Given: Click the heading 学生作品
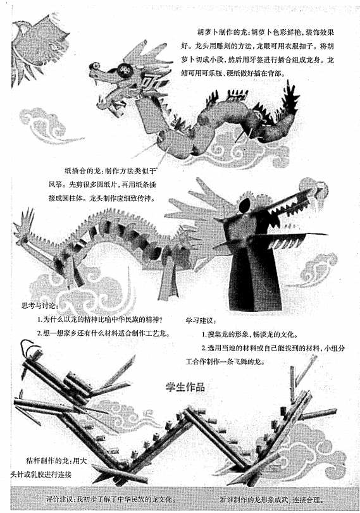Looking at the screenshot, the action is coord(185,387).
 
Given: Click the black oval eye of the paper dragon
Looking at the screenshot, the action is coord(244,206).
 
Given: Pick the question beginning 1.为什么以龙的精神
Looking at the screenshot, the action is coord(99,319).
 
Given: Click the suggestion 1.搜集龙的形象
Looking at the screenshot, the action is coord(249,335).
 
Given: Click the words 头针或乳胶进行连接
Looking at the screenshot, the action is coord(41,474).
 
